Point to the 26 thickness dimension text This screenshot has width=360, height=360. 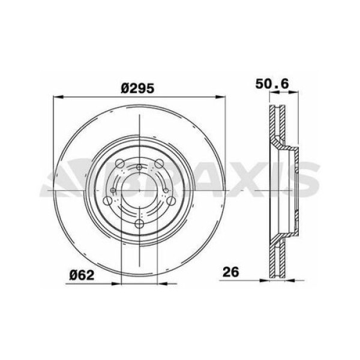232,272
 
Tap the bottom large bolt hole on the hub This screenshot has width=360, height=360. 139,224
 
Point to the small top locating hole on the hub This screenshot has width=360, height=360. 139,167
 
